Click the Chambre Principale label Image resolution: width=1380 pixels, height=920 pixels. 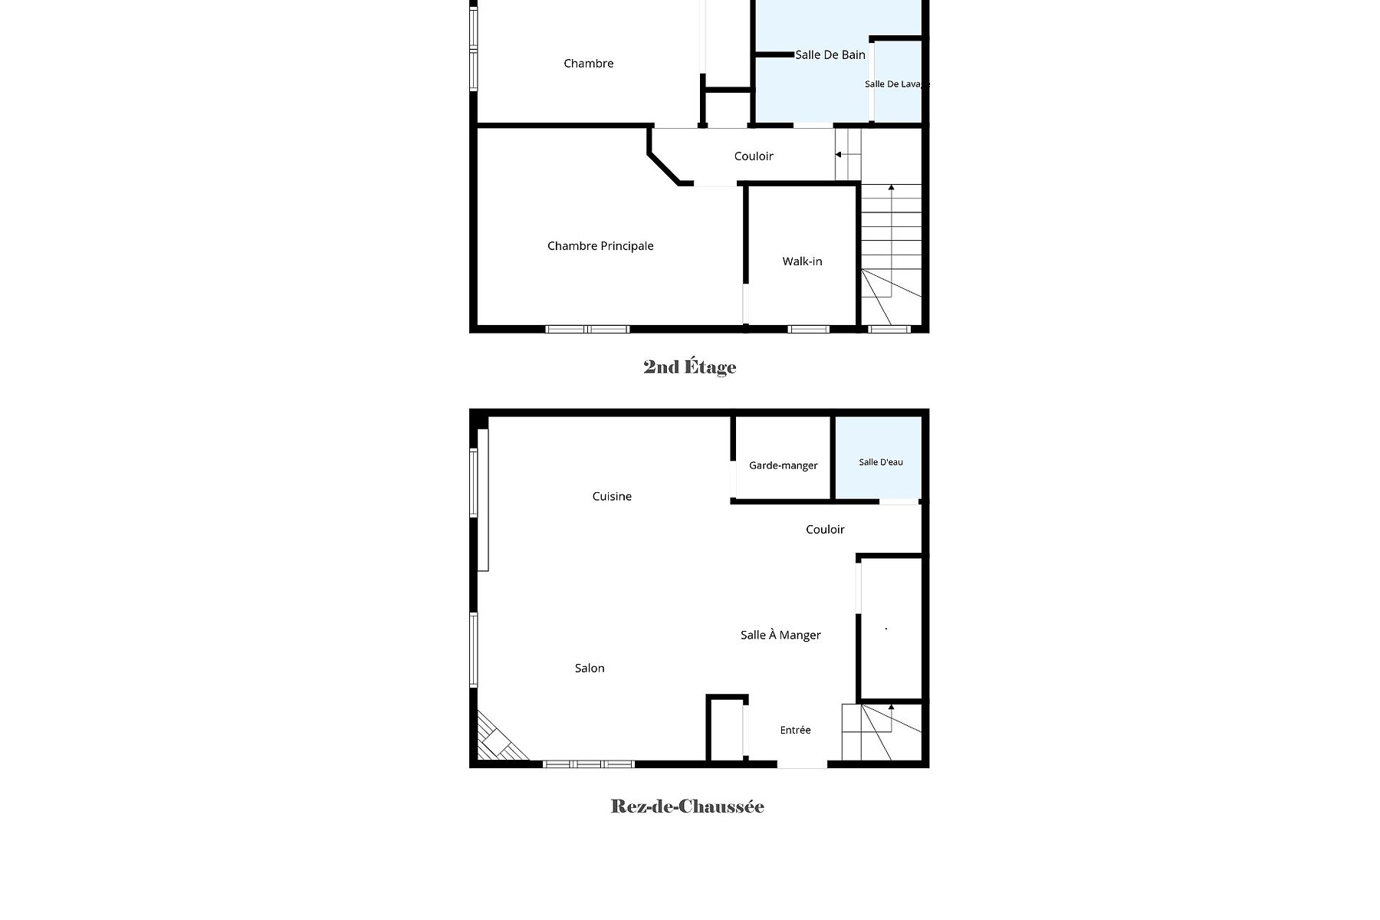coord(600,246)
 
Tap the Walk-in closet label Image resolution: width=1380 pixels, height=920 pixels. coord(802,261)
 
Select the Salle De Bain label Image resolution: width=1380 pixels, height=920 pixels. coord(830,54)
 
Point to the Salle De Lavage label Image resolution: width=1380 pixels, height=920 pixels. coord(897,84)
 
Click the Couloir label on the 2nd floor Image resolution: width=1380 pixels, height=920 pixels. coord(754,156)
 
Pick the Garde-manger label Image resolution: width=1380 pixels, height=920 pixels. coord(784,465)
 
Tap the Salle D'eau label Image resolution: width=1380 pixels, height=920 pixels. coord(881,462)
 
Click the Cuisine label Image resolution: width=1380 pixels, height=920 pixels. coord(612,497)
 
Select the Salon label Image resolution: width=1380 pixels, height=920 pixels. coord(590,669)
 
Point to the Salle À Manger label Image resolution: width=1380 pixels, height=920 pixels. coord(780,635)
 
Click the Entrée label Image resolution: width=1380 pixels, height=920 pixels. coord(795,731)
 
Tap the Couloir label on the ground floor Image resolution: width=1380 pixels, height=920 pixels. coord(825,530)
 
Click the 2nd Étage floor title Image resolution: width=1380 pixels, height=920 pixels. coord(690,367)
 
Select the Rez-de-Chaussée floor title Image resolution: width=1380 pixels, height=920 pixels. coord(688,807)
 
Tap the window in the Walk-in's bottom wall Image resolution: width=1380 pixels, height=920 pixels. coord(809,330)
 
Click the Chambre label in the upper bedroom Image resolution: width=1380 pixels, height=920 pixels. coord(589,64)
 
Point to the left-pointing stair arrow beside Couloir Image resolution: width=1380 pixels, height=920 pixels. coord(848,155)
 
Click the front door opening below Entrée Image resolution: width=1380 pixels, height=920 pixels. coord(802,764)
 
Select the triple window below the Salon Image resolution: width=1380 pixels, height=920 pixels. coord(589,764)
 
